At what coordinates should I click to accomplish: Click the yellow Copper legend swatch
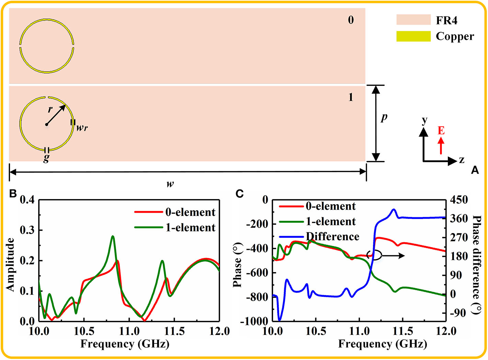[x=413, y=36]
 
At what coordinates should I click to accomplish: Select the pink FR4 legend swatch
[x=413, y=20]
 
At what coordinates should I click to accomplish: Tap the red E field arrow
[x=441, y=145]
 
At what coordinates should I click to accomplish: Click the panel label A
[x=475, y=170]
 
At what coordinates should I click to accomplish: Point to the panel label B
[x=13, y=194]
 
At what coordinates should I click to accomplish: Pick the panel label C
[x=240, y=194]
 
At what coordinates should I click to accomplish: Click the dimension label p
[x=384, y=117]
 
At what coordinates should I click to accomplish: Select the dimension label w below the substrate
[x=170, y=184]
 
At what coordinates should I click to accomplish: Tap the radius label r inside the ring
[x=50, y=109]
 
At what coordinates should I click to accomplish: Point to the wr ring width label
[x=82, y=128]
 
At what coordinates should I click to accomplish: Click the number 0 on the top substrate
[x=351, y=20]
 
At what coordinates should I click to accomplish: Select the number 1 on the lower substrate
[x=351, y=97]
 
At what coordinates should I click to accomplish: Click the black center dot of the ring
[x=47, y=125]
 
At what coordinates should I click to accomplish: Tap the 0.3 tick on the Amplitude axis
[x=27, y=230]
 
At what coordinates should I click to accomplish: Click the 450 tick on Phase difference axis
[x=459, y=200]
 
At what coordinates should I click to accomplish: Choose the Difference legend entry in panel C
[x=332, y=236]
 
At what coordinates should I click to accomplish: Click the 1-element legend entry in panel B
[x=190, y=228]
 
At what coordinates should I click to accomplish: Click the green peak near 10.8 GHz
[x=113, y=236]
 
